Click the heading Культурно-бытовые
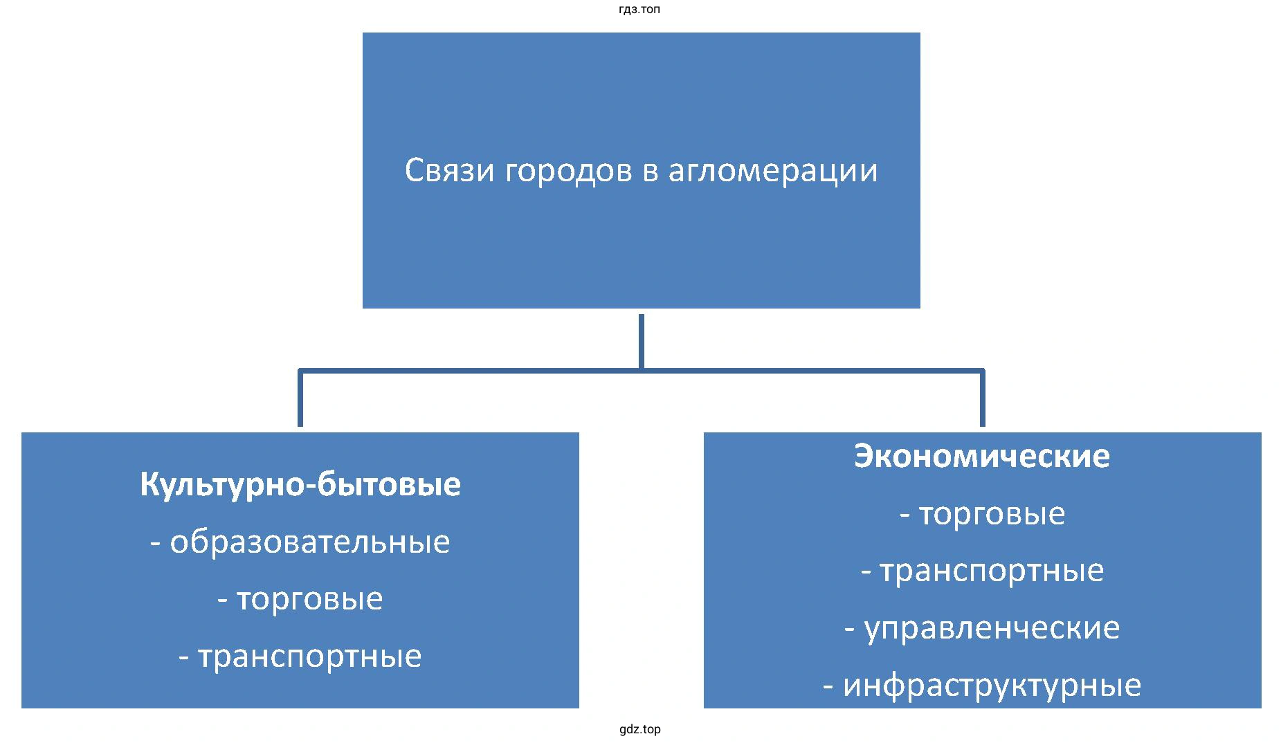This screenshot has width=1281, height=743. pos(300,484)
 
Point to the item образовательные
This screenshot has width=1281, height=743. pos(310,542)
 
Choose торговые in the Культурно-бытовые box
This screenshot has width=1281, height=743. pos(309,599)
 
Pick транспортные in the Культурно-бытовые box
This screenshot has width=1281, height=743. pos(309,657)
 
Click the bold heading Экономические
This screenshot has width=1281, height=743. pos(982,456)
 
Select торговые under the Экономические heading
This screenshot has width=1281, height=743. pos(992,514)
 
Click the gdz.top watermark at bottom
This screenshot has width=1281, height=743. pos(640,729)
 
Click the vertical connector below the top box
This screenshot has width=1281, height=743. pos(642,342)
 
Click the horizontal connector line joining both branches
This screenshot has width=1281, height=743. pos(641,371)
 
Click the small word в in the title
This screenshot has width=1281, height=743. pos(651,174)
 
